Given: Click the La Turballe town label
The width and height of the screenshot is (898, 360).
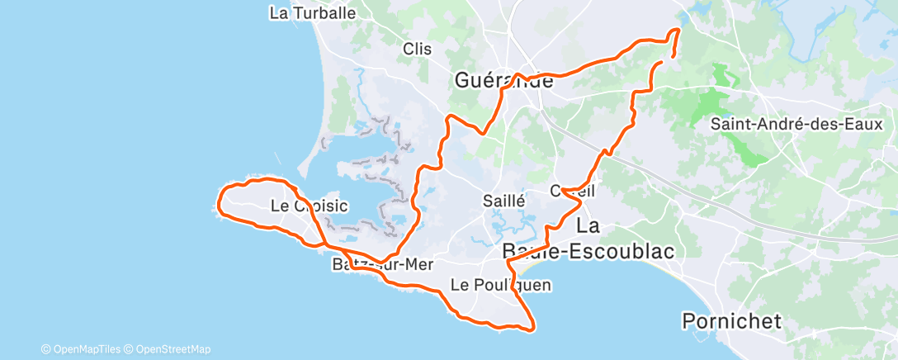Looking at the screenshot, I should (313, 12).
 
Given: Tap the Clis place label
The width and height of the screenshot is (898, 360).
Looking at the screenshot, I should (418, 49).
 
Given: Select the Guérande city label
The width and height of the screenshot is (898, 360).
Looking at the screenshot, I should (503, 81).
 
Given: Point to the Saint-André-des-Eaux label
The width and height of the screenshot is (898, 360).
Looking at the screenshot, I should (797, 125).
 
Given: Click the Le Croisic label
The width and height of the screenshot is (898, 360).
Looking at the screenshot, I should (310, 206).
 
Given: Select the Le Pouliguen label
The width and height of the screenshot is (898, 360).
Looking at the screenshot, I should (500, 285).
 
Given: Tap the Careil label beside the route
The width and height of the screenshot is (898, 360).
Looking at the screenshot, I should (572, 191).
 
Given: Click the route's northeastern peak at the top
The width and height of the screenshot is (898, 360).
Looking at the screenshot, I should (678, 31).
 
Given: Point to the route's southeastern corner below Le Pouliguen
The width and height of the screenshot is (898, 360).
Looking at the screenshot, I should (532, 327).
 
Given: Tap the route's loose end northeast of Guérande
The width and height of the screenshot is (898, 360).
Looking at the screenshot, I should (663, 62).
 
